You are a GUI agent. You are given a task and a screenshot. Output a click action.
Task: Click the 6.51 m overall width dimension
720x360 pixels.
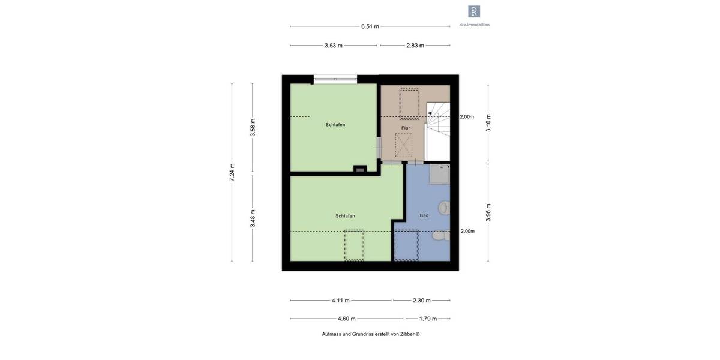point(370,26)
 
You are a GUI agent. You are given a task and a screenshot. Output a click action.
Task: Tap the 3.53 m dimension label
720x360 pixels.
point(334,46)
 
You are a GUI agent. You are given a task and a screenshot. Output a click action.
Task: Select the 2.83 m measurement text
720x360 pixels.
point(415,46)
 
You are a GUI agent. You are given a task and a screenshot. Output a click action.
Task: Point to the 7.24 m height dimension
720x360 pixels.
point(232,173)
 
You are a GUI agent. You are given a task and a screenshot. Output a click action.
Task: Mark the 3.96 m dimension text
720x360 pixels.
point(488,212)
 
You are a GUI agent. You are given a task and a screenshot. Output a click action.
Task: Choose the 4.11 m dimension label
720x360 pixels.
point(341,301)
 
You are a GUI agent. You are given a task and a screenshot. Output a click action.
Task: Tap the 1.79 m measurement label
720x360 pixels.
point(427,319)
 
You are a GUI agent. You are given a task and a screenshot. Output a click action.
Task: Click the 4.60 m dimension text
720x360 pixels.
point(346,319)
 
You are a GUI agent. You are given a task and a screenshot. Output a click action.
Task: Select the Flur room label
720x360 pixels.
point(406,128)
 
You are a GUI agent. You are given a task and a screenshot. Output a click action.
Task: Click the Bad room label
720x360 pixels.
point(424,215)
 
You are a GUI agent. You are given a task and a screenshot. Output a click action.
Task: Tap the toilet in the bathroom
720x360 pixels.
point(441,236)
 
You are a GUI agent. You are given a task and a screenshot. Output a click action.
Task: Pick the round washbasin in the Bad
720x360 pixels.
point(444,208)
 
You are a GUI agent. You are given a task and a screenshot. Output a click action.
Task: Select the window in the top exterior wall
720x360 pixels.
point(335,79)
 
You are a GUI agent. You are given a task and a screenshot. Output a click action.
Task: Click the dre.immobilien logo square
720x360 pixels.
point(474,11)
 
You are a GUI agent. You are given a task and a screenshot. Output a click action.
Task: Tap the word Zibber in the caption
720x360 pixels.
point(406,334)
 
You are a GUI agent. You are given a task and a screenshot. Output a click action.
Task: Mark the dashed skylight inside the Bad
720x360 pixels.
point(406,245)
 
